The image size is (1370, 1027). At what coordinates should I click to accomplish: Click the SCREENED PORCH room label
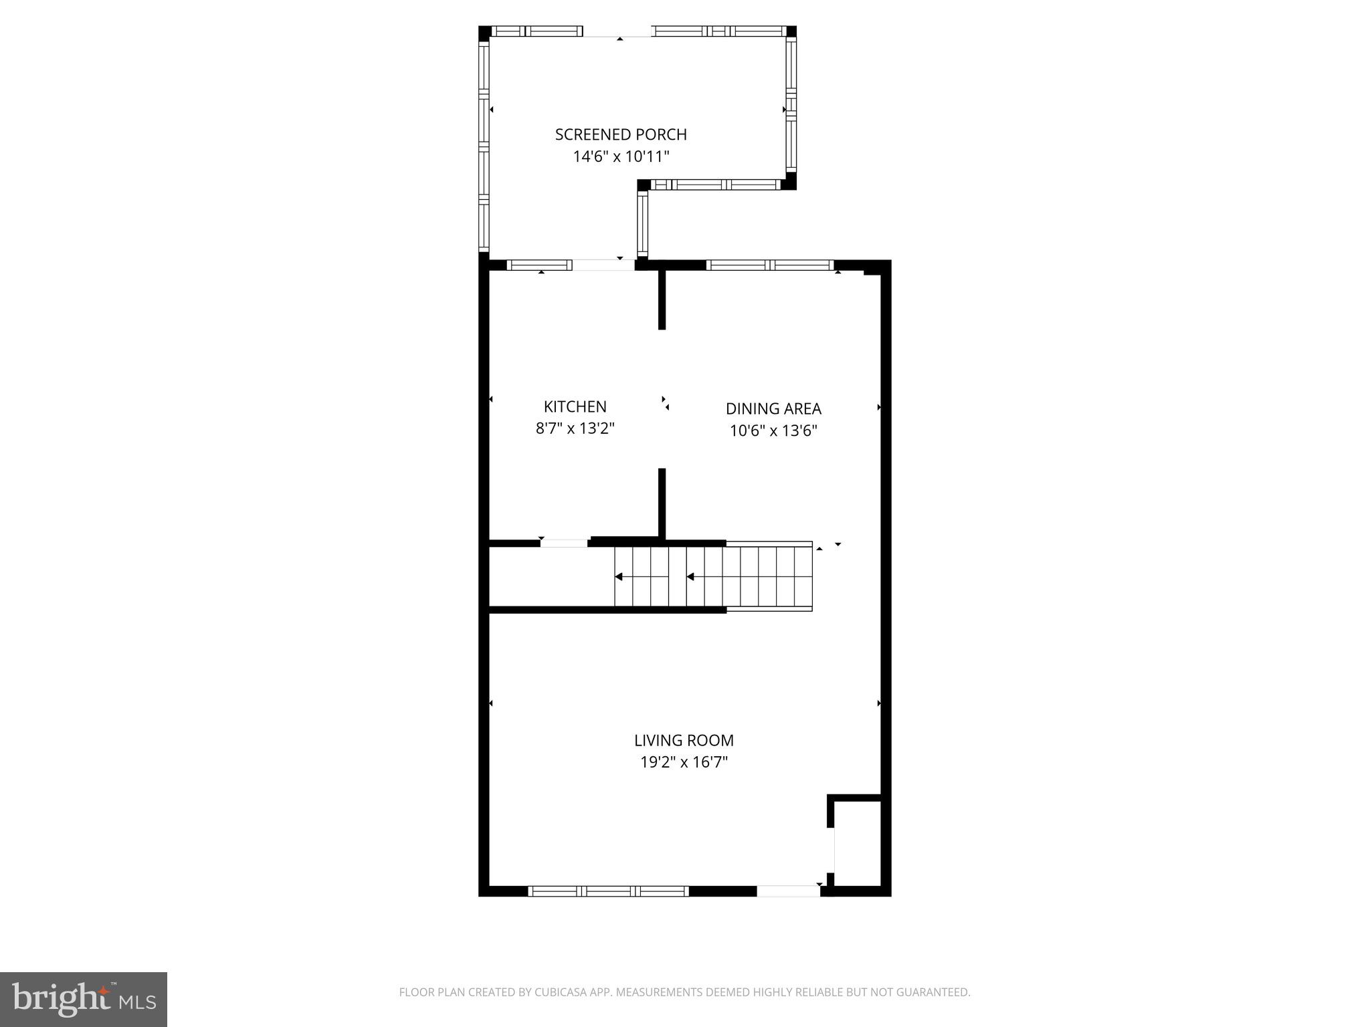click(621, 134)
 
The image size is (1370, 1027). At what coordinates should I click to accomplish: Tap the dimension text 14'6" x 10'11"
click(621, 156)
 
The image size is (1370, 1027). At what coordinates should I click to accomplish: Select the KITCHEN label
click(575, 407)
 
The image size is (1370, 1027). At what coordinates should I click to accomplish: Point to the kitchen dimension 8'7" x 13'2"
click(575, 429)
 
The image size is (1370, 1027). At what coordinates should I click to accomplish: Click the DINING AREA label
click(773, 409)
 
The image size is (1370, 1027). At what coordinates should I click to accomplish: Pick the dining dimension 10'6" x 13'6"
click(773, 431)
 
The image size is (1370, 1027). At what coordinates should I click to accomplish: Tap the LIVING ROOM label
click(684, 740)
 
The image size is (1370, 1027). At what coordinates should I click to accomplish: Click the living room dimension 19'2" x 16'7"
click(684, 762)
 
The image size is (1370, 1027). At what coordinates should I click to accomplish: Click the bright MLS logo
click(84, 999)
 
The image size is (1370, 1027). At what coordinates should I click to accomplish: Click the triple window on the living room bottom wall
click(608, 891)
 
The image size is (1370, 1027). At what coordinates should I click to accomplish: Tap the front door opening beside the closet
click(788, 891)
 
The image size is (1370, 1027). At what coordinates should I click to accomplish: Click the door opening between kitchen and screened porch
click(603, 265)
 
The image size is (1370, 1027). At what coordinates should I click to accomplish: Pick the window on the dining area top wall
click(770, 265)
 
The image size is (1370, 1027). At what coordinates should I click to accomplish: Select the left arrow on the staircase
click(619, 576)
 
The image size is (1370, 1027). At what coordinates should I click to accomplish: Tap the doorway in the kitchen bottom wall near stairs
click(564, 543)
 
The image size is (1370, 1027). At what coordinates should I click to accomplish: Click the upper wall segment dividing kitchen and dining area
click(662, 299)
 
